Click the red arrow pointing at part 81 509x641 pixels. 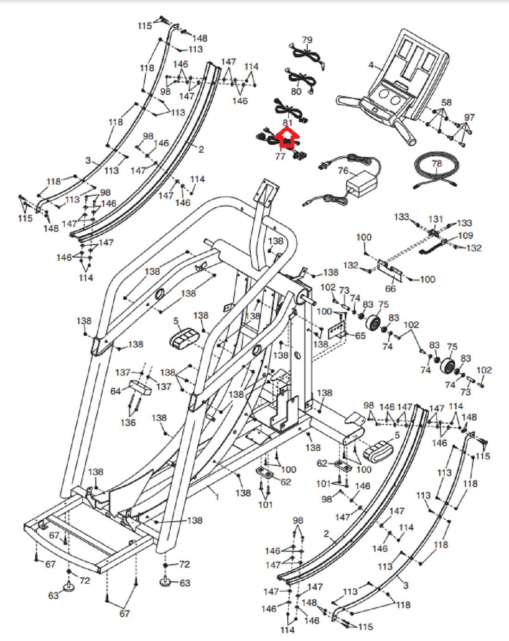click(x=287, y=138)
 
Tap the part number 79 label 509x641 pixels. click(x=307, y=40)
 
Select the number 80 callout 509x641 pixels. click(x=296, y=92)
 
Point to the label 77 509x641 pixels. click(x=280, y=157)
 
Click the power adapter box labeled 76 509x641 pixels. click(x=362, y=182)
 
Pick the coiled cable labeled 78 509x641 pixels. click(x=436, y=174)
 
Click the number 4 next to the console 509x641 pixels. click(x=371, y=65)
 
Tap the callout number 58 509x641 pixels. click(x=446, y=102)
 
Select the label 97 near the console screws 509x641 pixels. click(x=469, y=117)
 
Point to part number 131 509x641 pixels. click(x=435, y=219)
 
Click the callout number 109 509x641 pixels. click(x=466, y=235)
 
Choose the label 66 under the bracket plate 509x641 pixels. click(x=391, y=289)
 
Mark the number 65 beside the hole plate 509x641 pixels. click(x=360, y=336)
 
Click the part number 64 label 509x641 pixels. click(x=116, y=391)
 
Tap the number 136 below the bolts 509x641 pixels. click(x=128, y=422)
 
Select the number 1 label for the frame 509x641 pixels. click(x=217, y=497)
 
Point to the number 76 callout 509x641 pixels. click(x=343, y=171)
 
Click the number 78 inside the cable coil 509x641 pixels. click(x=437, y=163)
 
